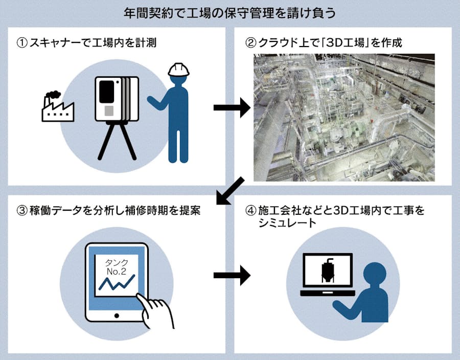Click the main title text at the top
[229, 12]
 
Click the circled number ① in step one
[21, 43]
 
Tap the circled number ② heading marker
[250, 43]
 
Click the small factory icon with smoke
[57, 106]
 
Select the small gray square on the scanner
[108, 110]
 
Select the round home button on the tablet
[117, 316]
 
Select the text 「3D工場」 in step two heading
[335, 43]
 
